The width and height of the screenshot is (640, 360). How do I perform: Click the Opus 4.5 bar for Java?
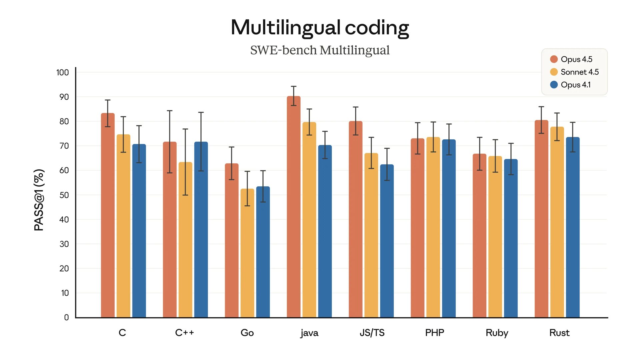pyautogui.click(x=293, y=207)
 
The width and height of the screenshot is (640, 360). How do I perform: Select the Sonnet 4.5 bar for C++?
pyautogui.click(x=185, y=240)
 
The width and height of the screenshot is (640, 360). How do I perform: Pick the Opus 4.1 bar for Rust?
pyautogui.click(x=573, y=227)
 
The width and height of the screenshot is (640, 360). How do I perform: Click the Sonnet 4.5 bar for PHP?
pyautogui.click(x=433, y=227)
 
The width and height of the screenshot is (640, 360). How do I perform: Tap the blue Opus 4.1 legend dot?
pyautogui.click(x=554, y=85)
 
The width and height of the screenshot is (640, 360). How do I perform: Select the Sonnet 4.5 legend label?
pyautogui.click(x=579, y=72)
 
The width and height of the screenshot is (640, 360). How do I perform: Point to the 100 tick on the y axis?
pyautogui.click(x=62, y=72)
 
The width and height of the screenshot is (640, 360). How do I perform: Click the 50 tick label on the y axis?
pyautogui.click(x=64, y=195)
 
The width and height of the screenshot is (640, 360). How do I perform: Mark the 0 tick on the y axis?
pyautogui.click(x=66, y=317)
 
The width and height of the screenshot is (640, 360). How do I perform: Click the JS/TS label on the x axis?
pyautogui.click(x=372, y=333)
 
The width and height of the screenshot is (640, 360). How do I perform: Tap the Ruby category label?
pyautogui.click(x=497, y=333)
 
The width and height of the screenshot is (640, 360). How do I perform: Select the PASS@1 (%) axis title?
pyautogui.click(x=39, y=200)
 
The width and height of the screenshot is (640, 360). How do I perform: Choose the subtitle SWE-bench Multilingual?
pyautogui.click(x=320, y=50)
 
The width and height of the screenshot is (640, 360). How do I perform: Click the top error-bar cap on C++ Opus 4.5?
pyautogui.click(x=170, y=111)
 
